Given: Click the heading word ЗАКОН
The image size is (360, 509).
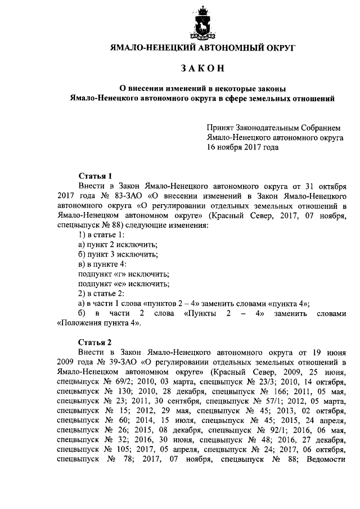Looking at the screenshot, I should point(202,69).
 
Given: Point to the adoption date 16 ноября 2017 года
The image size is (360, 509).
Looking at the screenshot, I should point(242,147).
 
